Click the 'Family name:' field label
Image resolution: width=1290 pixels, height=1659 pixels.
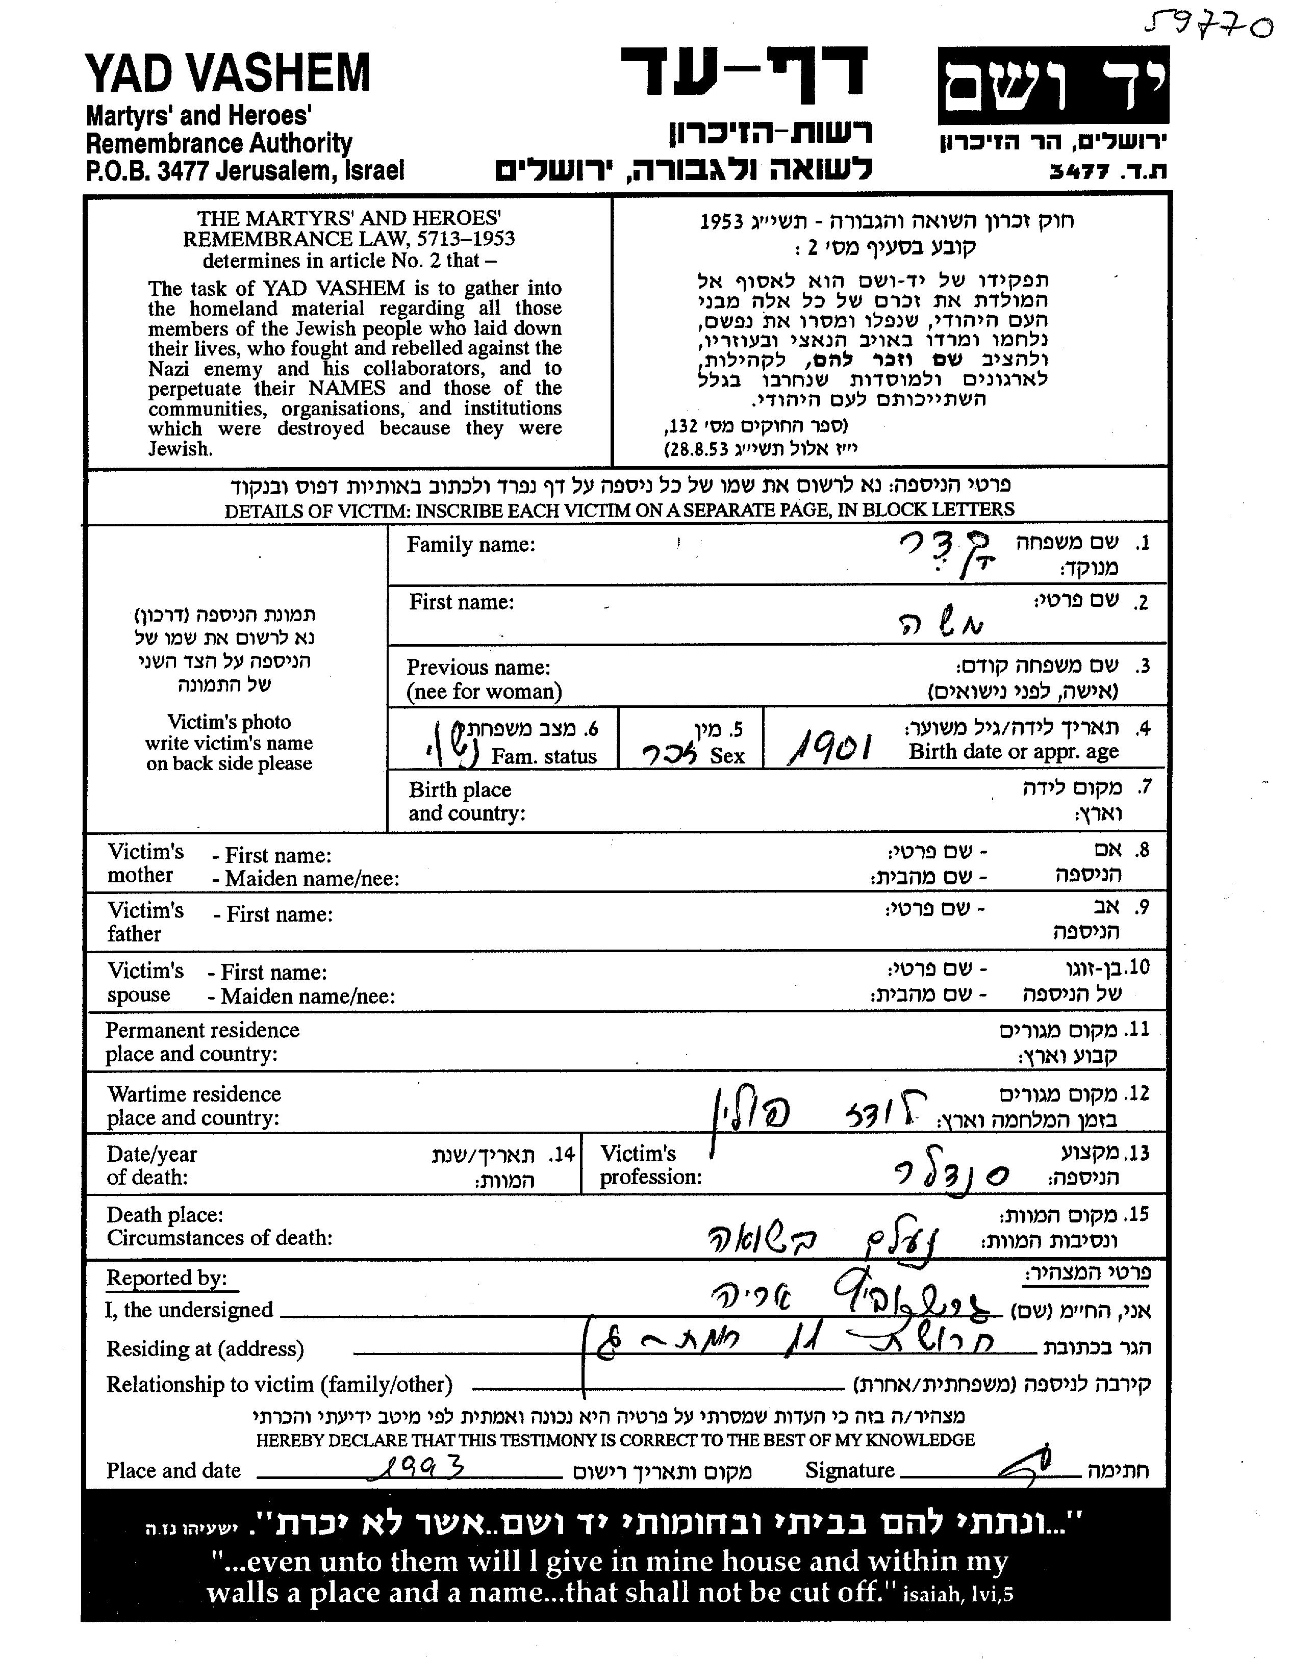tap(470, 545)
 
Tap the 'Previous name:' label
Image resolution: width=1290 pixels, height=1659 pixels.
tap(478, 667)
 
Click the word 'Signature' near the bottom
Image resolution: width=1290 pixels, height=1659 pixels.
tap(849, 1470)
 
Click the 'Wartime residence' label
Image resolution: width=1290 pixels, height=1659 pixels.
tap(194, 1094)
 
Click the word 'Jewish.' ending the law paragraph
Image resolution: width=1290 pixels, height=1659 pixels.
tap(180, 448)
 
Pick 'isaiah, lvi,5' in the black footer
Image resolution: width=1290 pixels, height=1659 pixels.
tap(957, 1593)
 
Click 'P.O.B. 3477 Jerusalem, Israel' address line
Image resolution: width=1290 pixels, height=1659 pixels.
tap(245, 171)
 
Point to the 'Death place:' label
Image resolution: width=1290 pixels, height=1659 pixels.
tap(165, 1215)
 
